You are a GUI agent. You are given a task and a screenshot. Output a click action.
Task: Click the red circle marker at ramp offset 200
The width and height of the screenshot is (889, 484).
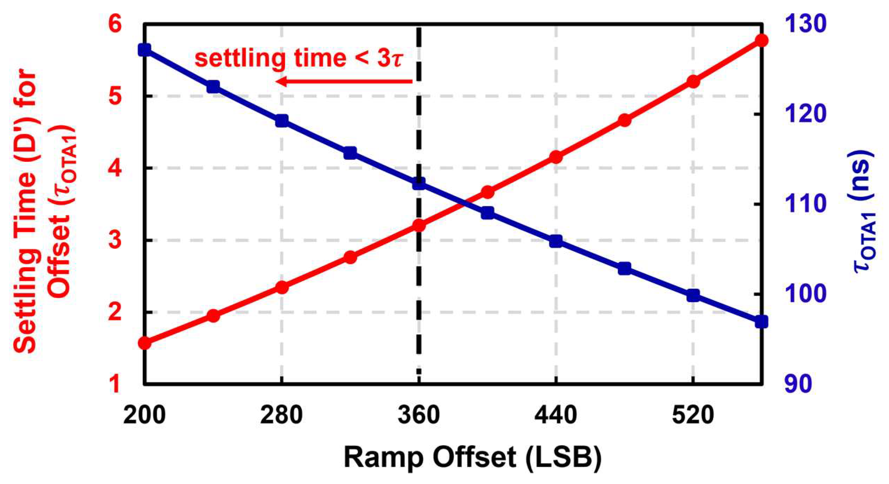click(145, 343)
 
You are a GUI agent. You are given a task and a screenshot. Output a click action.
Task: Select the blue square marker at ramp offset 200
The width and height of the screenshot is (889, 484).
click(145, 50)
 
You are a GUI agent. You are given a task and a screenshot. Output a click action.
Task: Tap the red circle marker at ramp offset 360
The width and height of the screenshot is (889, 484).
click(419, 225)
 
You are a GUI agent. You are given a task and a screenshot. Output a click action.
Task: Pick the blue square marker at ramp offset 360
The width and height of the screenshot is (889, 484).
click(419, 183)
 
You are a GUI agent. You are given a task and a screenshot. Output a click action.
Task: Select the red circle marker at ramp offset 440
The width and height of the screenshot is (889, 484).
click(556, 157)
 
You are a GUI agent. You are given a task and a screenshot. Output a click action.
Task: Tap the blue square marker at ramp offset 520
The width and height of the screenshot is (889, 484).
click(693, 295)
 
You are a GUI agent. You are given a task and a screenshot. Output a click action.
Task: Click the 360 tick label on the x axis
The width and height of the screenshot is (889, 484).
click(419, 415)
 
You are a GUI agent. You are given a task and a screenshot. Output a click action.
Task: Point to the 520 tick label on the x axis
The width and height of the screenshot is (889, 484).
click(693, 415)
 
